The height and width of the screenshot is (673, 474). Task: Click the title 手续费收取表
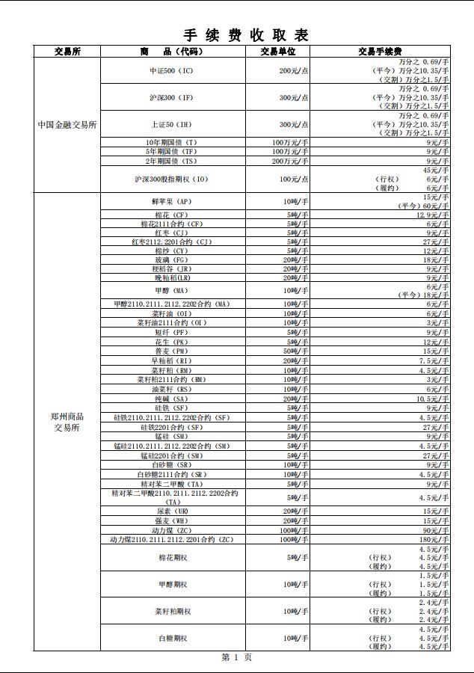246,35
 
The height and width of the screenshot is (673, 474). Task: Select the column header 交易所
67,52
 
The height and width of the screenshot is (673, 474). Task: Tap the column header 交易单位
278,52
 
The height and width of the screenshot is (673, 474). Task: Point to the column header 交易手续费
380,52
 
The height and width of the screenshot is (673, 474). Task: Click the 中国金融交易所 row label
67,125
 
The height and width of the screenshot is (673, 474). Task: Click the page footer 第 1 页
236,657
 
